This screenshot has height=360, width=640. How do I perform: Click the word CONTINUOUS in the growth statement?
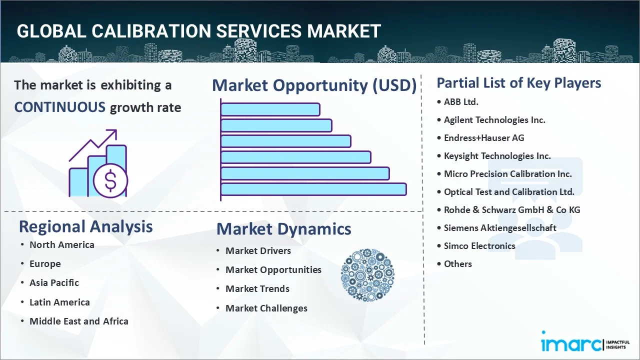click(59, 107)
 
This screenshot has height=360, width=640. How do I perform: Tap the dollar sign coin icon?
click(110, 181)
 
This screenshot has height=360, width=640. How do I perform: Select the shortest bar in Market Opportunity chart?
click(270, 109)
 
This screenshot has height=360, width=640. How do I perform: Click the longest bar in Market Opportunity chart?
click(313, 189)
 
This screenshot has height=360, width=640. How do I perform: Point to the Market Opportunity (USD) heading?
click(314, 85)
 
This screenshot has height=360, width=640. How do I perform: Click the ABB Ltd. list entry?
click(460, 101)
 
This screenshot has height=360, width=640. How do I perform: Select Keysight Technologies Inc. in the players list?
click(497, 156)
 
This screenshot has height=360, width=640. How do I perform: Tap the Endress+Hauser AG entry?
click(483, 138)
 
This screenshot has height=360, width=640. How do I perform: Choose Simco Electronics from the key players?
click(479, 246)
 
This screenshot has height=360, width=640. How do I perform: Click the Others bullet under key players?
click(457, 264)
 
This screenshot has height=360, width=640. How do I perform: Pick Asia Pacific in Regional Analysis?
click(54, 283)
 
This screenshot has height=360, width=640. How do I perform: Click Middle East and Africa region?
click(78, 321)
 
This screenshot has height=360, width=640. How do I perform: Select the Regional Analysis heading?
click(85, 226)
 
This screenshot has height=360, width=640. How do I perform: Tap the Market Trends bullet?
click(257, 289)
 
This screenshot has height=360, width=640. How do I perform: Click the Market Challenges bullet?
click(266, 308)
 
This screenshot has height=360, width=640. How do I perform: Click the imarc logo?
click(570, 344)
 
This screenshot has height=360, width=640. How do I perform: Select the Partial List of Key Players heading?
click(518, 83)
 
